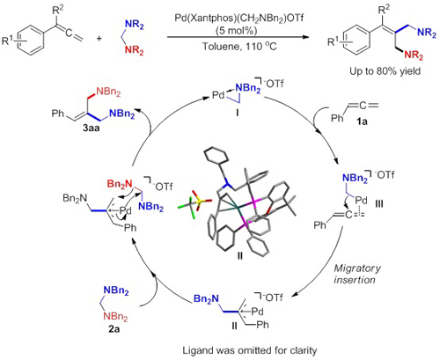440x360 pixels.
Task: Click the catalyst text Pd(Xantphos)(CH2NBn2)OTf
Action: [238, 18]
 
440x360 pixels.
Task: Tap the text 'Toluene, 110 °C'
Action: [239, 46]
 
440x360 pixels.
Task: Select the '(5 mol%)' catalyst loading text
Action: [236, 31]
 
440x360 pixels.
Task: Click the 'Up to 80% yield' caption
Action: [385, 71]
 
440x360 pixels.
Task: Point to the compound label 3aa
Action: [91, 128]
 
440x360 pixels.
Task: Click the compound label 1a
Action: [362, 121]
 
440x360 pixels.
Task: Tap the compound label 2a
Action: [114, 329]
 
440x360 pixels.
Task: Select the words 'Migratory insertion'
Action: [355, 274]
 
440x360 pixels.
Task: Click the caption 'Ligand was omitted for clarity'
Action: [250, 350]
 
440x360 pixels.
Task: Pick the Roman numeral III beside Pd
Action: [379, 203]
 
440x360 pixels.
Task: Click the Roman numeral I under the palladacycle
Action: [237, 113]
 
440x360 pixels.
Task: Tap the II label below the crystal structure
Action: [240, 256]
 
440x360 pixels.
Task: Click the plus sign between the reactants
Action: [99, 38]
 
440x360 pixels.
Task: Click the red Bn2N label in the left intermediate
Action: [120, 184]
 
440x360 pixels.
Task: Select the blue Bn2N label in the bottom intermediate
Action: [206, 299]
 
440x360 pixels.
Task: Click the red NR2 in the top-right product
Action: [414, 55]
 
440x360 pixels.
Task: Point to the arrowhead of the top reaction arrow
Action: [306, 37]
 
